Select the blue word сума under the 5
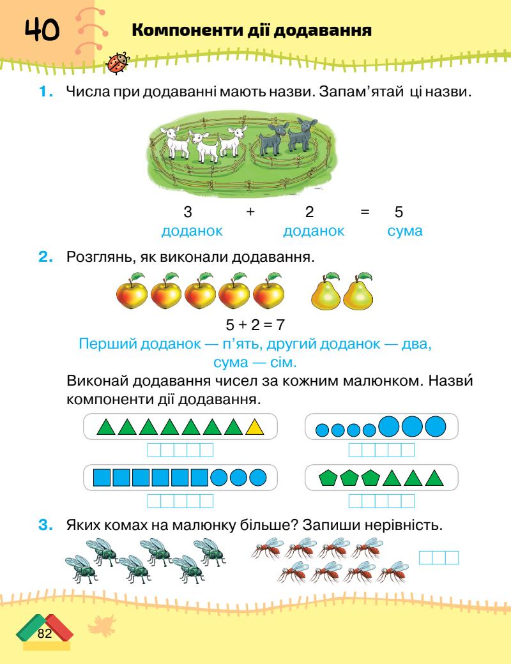[405, 230]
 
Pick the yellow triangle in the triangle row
[255, 426]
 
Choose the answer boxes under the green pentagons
[381, 501]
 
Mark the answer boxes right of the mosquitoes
[439, 557]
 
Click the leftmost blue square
[103, 477]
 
